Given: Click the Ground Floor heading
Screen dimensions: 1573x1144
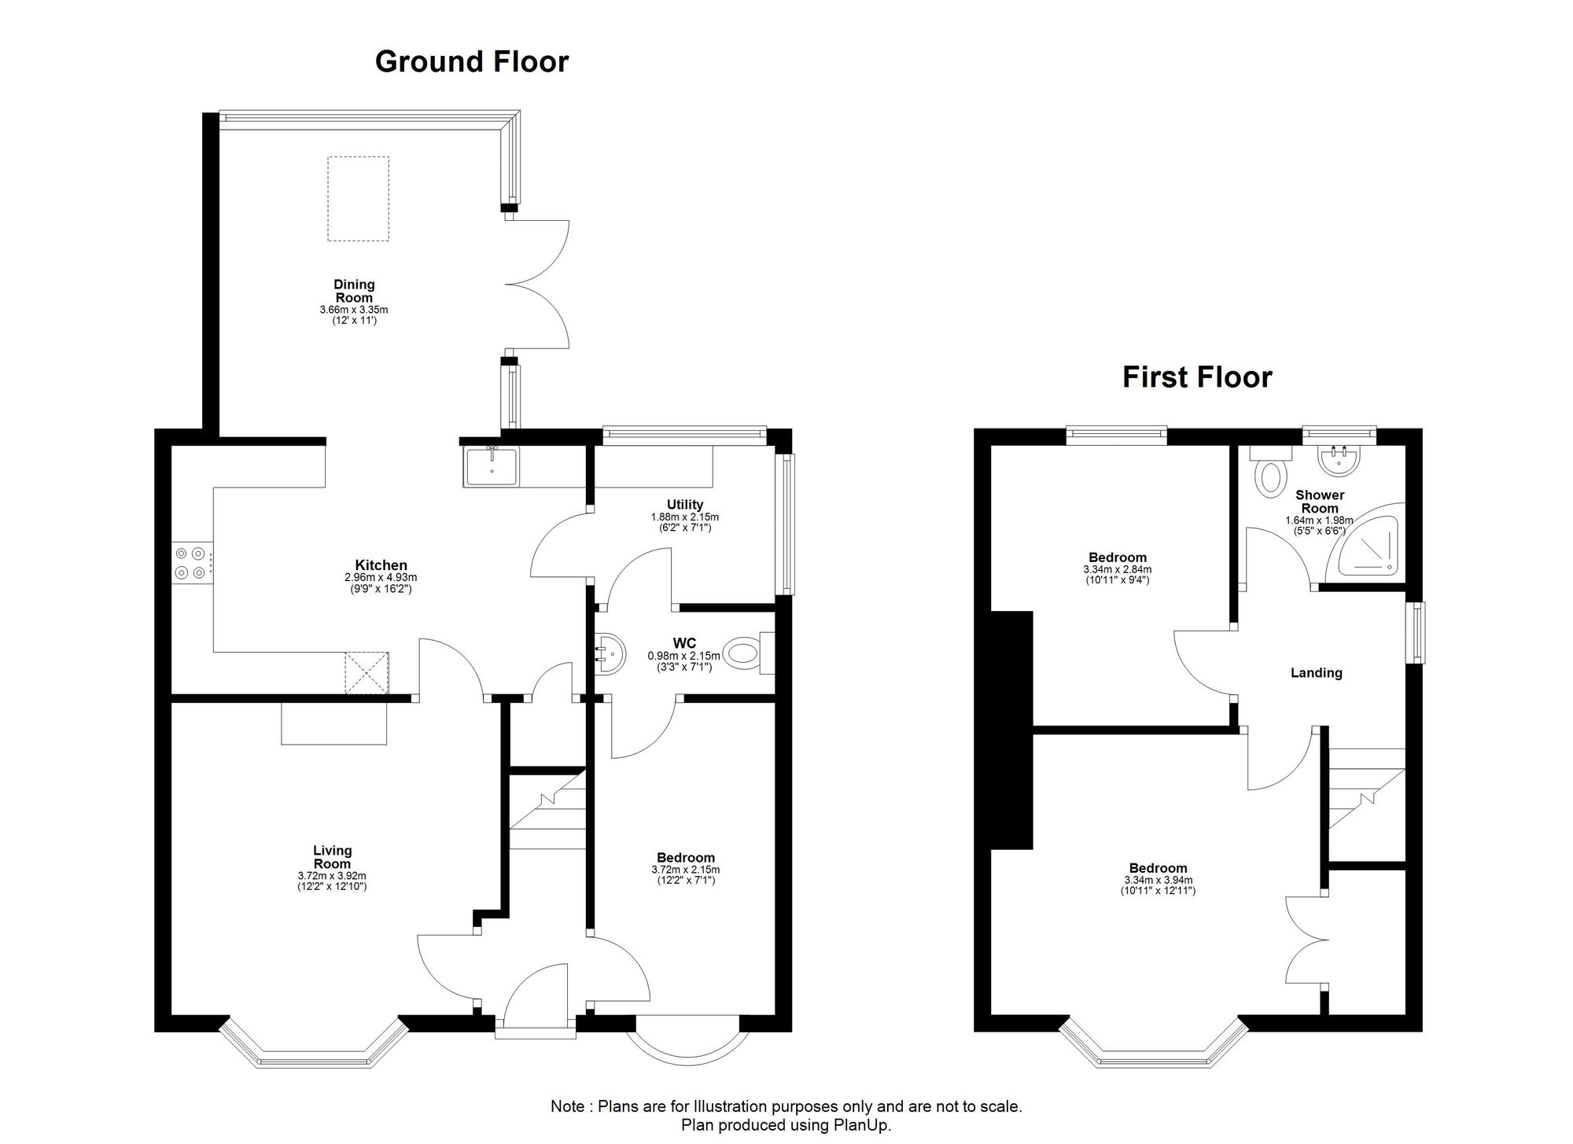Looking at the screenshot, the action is (472, 61).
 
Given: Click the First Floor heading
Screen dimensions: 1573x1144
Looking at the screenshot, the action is (1197, 377).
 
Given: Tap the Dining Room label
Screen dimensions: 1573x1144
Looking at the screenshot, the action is (354, 291).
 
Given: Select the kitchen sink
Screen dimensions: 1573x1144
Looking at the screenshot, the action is (492, 466).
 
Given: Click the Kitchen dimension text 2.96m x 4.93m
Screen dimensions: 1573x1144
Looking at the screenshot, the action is (381, 577).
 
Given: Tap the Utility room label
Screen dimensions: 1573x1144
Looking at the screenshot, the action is (685, 504).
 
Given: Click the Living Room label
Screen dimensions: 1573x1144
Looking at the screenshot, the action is (333, 857).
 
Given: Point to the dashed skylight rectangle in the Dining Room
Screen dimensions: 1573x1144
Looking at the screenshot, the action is (358, 198).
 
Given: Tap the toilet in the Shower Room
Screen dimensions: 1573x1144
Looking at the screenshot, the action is (1271, 471).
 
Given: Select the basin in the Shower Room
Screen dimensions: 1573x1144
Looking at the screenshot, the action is (1340, 461).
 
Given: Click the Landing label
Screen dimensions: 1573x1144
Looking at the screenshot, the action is (1317, 673).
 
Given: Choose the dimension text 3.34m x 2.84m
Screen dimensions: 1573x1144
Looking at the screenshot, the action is (1117, 569).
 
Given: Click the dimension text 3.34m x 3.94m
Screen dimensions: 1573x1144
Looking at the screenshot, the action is (1159, 880).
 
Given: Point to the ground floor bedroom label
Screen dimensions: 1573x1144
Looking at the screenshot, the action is (686, 857).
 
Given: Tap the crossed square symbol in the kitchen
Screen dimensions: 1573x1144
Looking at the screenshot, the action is (367, 673).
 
